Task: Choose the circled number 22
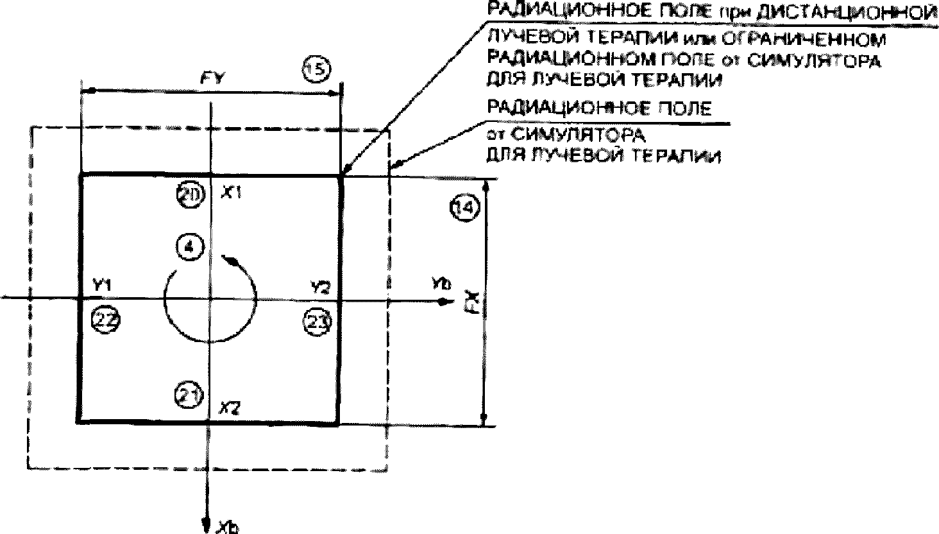[x=105, y=319]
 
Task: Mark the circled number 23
[x=317, y=322]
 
